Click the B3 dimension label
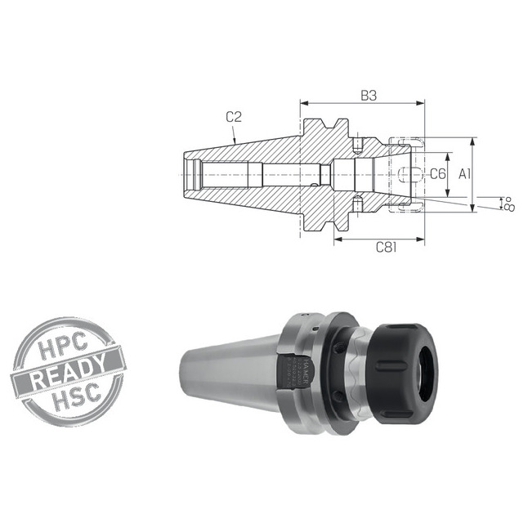point(369,95)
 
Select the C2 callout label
point(233,117)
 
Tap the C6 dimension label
point(437,173)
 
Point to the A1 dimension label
point(464,173)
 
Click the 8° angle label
point(508,202)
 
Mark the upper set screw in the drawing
point(358,146)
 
